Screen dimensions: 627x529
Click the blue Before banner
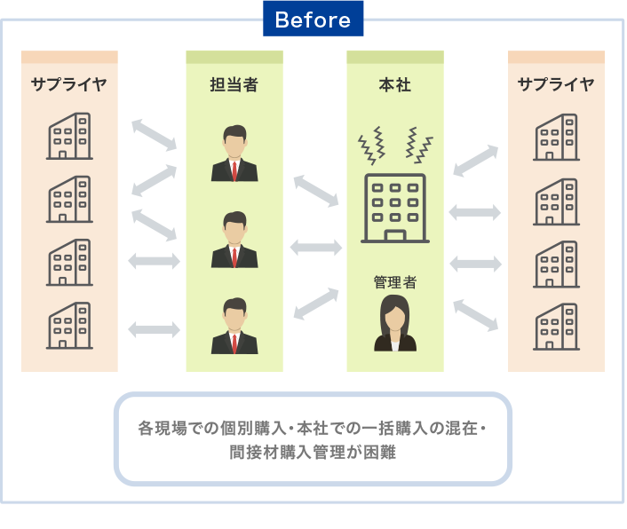click(313, 19)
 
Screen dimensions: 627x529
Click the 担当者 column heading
click(234, 84)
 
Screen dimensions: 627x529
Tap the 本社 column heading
click(394, 84)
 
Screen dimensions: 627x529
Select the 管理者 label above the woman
click(394, 282)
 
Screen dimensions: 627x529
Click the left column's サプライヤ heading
click(69, 84)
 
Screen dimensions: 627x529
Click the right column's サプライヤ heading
click(556, 84)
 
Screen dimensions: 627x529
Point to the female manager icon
click(395, 323)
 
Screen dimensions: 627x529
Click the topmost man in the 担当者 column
click(234, 153)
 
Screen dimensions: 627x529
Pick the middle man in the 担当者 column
click(234, 240)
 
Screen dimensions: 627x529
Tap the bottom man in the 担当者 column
click(234, 326)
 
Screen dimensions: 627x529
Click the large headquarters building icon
click(395, 209)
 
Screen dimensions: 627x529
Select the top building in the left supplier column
click(69, 136)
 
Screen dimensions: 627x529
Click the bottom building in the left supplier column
click(69, 325)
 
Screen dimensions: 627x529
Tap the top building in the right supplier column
click(556, 137)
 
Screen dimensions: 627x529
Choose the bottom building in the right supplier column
click(556, 327)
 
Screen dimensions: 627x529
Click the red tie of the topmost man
click(234, 171)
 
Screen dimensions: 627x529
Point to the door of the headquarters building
click(395, 235)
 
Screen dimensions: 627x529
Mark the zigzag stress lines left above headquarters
click(371, 146)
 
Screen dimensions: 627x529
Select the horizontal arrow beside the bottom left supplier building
click(155, 329)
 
